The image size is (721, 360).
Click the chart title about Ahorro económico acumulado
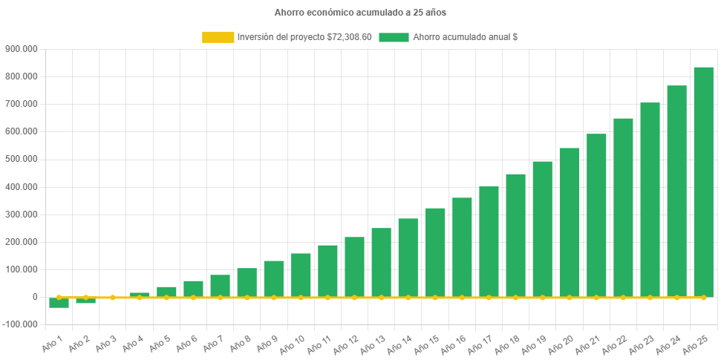click(x=360, y=13)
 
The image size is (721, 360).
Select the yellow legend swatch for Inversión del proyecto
click(x=218, y=37)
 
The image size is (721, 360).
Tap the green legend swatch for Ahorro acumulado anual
click(x=394, y=37)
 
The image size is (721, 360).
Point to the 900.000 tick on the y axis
click(x=21, y=49)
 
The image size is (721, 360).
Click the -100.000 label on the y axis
click(x=19, y=325)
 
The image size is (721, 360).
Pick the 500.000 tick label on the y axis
click(x=21, y=160)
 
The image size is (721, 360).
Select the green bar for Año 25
click(x=703, y=182)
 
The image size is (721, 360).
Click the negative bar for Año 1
click(x=59, y=303)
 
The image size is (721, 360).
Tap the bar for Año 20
click(x=569, y=223)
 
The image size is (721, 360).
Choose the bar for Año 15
click(x=435, y=252)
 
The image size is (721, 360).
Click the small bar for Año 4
click(x=140, y=295)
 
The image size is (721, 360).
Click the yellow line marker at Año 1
click(x=59, y=297)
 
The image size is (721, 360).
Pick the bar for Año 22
click(x=623, y=208)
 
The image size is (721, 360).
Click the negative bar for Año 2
click(x=85, y=301)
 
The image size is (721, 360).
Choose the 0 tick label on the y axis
click(x=34, y=297)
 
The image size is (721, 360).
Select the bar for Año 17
click(x=489, y=241)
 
